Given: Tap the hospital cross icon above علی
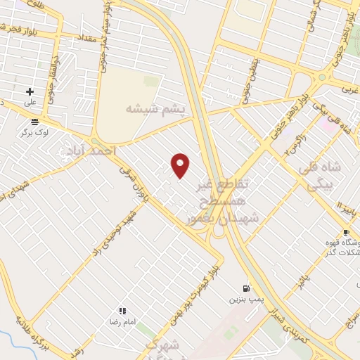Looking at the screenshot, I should tap(30, 91).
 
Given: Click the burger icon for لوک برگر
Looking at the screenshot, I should tap(34, 121).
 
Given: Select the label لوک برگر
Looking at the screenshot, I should tap(34, 131).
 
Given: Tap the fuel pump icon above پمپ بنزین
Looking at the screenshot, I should tap(245, 288).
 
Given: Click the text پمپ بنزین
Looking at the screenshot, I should tap(245, 300).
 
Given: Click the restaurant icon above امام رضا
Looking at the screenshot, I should tap(122, 310).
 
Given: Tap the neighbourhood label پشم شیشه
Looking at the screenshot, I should tap(155, 109).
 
